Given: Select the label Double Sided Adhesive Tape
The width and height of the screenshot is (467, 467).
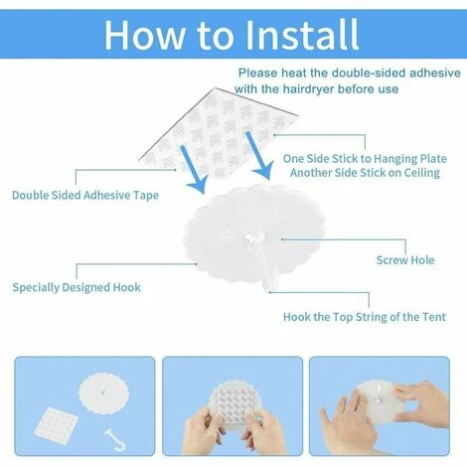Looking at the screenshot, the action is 85,195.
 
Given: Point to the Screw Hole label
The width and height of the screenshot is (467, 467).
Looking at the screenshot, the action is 405,260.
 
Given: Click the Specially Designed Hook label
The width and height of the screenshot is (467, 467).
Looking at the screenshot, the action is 77,287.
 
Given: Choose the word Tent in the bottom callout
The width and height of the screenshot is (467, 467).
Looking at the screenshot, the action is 434,317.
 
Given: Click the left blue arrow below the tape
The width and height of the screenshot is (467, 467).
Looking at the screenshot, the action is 193,169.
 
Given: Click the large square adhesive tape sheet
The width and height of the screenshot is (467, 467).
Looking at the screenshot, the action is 219,133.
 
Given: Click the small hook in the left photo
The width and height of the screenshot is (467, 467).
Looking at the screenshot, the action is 115,439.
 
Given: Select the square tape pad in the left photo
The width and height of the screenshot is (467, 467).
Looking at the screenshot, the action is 57,426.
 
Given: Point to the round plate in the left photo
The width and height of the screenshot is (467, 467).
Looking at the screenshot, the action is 103,393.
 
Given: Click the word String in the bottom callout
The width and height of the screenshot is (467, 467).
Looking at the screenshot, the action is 371,317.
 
